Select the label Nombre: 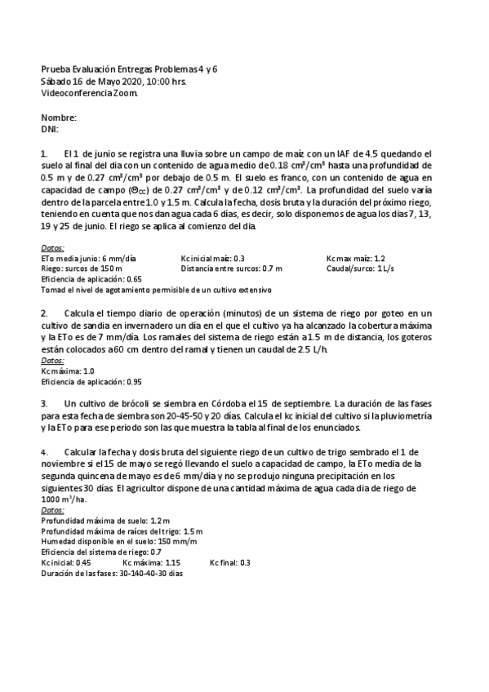pyautogui.click(x=59, y=118)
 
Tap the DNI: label pyautogui.click(x=50, y=129)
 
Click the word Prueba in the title pyautogui.click(x=56, y=70)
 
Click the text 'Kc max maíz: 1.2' pyautogui.click(x=355, y=258)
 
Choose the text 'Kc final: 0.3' pyautogui.click(x=230, y=562)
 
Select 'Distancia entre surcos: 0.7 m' pyautogui.click(x=232, y=268)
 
